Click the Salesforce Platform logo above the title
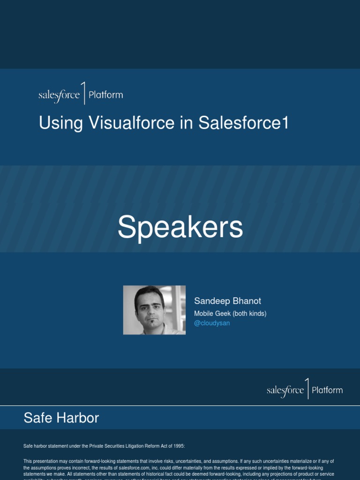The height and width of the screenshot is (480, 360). click(81, 94)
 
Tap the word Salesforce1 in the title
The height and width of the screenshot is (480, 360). click(244, 123)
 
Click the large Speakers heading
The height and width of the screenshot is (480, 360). click(180, 227)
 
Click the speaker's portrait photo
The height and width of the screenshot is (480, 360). click(154, 310)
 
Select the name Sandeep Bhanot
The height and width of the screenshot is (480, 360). click(227, 301)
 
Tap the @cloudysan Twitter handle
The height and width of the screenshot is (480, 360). click(212, 323)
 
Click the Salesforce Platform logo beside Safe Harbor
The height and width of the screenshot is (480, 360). click(305, 390)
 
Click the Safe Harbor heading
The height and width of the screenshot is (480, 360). click(61, 418)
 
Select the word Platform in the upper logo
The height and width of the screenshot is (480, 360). click(105, 95)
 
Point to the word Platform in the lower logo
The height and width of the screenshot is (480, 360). click(327, 390)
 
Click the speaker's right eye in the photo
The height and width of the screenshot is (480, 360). click(142, 307)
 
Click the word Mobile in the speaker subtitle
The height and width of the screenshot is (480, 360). click(204, 313)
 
